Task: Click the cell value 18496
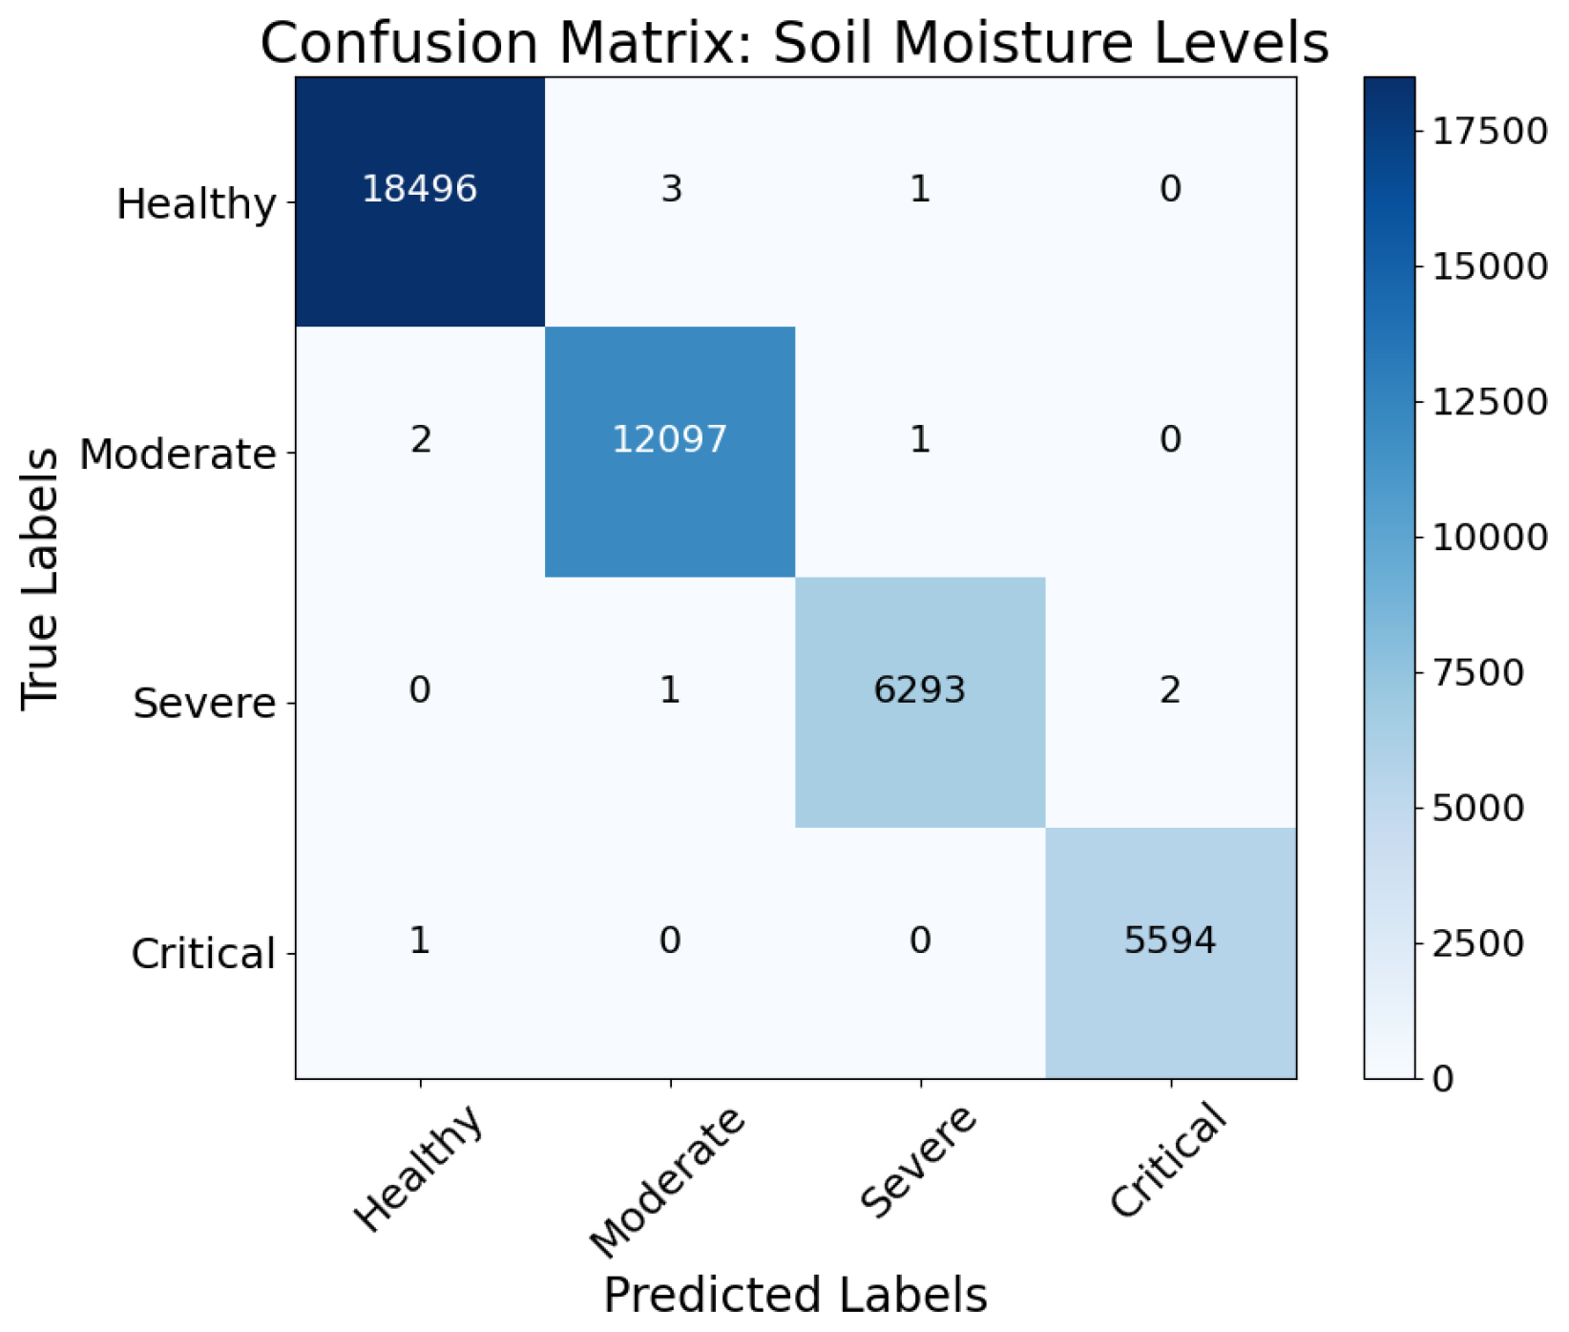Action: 419,189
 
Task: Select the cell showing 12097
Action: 669,439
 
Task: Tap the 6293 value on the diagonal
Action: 919,689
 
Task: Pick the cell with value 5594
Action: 1169,941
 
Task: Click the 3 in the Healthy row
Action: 671,189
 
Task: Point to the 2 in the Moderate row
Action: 420,439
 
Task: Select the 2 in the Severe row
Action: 1170,689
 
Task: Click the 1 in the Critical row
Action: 420,941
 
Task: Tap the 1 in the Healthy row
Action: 920,189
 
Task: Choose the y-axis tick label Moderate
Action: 178,455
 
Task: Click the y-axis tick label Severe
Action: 204,704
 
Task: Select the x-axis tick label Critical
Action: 1168,1159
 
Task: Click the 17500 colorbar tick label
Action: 1489,131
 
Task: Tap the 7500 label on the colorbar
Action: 1477,672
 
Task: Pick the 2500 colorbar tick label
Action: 1477,943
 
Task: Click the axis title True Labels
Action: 40,579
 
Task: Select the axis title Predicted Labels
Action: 795,1296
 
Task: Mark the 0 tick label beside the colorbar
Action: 1443,1079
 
